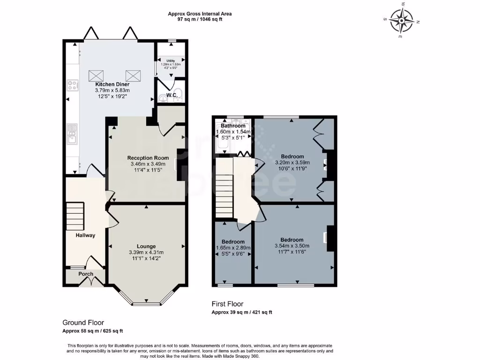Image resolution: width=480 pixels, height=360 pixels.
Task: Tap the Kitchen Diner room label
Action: (109, 84)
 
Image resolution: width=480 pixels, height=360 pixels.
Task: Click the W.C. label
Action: (172, 95)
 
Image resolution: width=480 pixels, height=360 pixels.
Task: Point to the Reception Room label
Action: (148, 158)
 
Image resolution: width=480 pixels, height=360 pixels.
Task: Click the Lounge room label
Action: (146, 246)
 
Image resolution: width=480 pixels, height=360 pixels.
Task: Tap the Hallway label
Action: (86, 235)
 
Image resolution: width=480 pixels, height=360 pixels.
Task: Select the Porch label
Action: (86, 274)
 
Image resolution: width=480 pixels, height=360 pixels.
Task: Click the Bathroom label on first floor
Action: (233, 126)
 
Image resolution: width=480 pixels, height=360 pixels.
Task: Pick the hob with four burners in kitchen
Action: (73, 85)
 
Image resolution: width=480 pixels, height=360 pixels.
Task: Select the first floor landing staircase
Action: (225, 187)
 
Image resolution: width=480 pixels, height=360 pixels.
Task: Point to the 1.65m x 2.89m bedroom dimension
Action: (233, 248)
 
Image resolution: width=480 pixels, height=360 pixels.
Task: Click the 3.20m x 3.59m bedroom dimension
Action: (292, 163)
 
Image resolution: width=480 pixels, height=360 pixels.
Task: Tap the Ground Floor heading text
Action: (83, 322)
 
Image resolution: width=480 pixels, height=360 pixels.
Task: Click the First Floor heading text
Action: (227, 304)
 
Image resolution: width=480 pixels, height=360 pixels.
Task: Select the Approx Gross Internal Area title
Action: (200, 14)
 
